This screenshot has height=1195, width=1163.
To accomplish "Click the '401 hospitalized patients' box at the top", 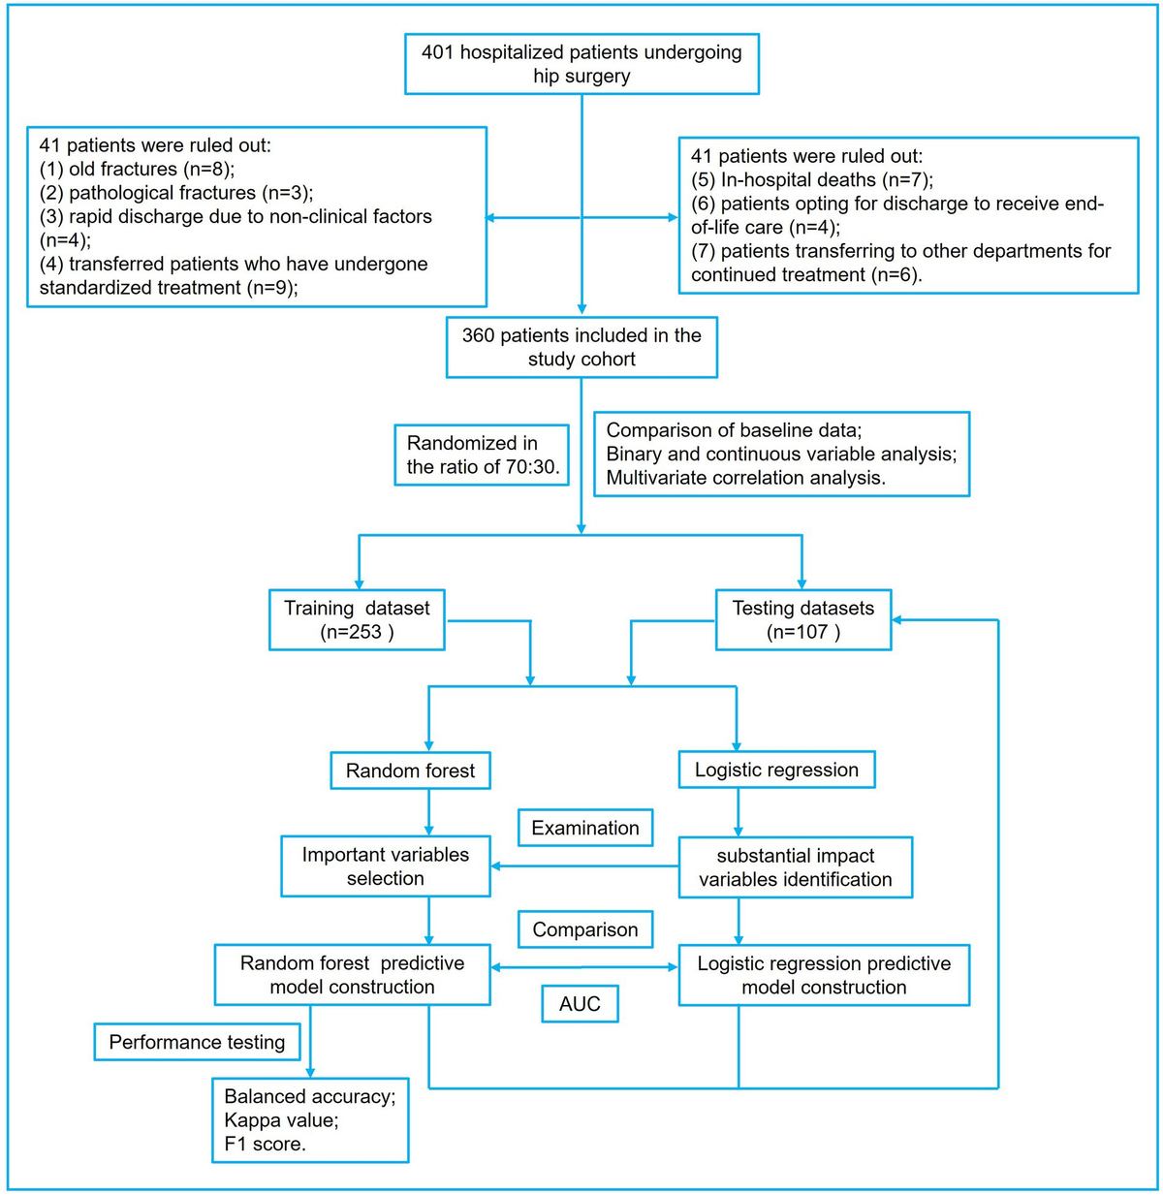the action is pyautogui.click(x=581, y=64).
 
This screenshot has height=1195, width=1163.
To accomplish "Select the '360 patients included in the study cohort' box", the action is pyautogui.click(x=581, y=347).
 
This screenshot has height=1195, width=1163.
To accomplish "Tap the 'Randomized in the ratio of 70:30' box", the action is pyautogui.click(x=482, y=456).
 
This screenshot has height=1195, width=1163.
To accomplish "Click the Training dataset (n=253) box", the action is pyautogui.click(x=357, y=619).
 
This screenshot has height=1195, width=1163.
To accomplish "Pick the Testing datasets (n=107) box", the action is pyautogui.click(x=803, y=619).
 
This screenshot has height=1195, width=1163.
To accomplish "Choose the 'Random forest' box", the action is pyautogui.click(x=410, y=770).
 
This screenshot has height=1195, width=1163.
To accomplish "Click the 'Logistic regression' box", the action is pyautogui.click(x=776, y=770).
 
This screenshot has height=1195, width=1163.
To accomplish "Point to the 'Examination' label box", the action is pyautogui.click(x=585, y=828).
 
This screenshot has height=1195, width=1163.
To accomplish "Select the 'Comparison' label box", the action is pyautogui.click(x=585, y=929).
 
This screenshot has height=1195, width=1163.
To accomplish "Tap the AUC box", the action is pyautogui.click(x=580, y=1003).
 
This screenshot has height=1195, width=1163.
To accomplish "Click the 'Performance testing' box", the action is pyautogui.click(x=197, y=1042).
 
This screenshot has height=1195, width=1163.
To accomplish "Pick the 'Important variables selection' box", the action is pyautogui.click(x=386, y=865).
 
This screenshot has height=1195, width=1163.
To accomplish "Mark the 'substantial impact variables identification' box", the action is pyautogui.click(x=795, y=867).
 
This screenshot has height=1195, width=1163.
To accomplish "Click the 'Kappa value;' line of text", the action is pyautogui.click(x=281, y=1120).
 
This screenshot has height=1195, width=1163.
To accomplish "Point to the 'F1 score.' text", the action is pyautogui.click(x=265, y=1144).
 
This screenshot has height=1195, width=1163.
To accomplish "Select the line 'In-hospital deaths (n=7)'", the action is pyautogui.click(x=812, y=180).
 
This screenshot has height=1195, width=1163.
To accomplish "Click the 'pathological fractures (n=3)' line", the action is pyautogui.click(x=176, y=193).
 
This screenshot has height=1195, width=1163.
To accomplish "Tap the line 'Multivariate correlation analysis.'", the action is pyautogui.click(x=745, y=478).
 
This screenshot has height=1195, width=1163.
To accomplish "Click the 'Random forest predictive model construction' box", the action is pyautogui.click(x=353, y=975).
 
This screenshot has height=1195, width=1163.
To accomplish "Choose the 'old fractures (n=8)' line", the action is pyautogui.click(x=137, y=169).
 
